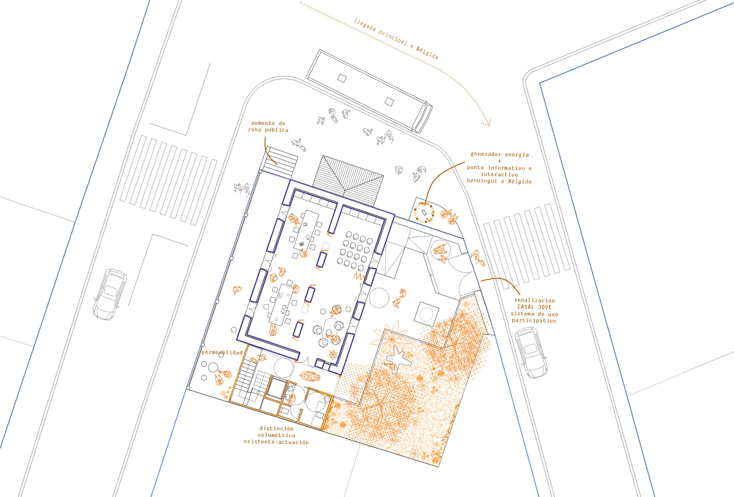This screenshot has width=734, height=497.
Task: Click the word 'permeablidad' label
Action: click(x=222, y=352)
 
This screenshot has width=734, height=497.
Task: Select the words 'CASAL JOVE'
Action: click(x=534, y=307)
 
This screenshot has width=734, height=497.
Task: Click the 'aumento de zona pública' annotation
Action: click(x=268, y=127)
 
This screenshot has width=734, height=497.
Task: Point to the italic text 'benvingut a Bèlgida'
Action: click(x=499, y=181)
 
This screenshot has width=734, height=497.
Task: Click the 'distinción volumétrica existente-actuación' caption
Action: click(x=276, y=435)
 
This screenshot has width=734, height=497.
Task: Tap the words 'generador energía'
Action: click(x=499, y=155)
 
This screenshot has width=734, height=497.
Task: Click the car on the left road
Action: click(x=110, y=294)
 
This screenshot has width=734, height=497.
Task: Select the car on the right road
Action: click(x=531, y=352)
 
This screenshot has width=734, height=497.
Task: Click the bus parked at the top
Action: click(x=369, y=91)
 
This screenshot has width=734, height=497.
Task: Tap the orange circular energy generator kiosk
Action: click(x=424, y=212)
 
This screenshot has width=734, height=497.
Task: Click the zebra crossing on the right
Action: click(x=526, y=244)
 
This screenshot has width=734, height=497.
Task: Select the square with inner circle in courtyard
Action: click(x=426, y=314)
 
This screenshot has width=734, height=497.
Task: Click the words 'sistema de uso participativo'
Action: click(x=534, y=317)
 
